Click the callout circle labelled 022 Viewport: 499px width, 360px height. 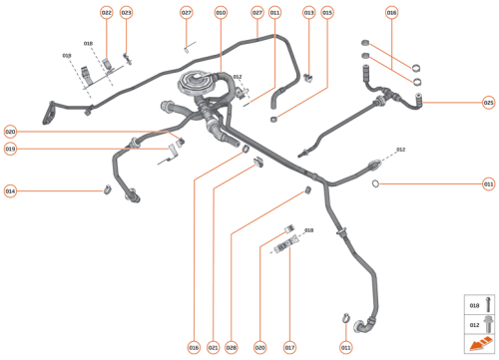tap(107, 13)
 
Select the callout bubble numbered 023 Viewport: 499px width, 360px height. tap(126, 13)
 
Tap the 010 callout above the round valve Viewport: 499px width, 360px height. tap(222, 13)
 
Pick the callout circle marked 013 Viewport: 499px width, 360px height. tap(308, 13)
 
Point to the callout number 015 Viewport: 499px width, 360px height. tap(327, 13)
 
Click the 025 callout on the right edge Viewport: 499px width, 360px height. tap(488, 102)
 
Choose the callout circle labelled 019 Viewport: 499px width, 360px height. tap(10, 149)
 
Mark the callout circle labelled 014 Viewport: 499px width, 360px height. tap(10, 190)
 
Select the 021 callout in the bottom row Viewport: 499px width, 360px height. tap(213, 347)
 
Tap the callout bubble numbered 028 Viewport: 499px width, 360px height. tap(232, 347)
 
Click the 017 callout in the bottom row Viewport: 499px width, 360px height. tap(290, 347)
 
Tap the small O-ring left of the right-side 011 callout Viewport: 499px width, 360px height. tap(374, 184)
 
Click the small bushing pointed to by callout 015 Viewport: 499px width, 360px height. tap(272, 118)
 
